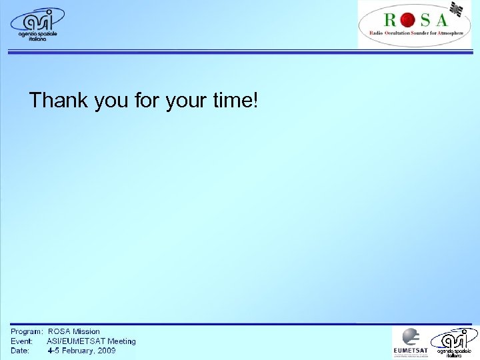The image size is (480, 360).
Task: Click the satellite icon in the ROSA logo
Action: click(x=455, y=9)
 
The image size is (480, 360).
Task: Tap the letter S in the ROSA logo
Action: click(x=425, y=19)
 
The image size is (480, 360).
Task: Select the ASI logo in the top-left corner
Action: click(x=37, y=24)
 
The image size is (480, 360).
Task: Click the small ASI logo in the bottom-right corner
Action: click(x=454, y=343)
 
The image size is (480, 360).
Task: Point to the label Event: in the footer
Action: click(x=21, y=341)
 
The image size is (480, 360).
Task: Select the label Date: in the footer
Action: click(x=20, y=350)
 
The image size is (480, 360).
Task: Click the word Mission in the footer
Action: click(x=86, y=331)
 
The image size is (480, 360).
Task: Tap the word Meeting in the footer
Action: click(x=121, y=341)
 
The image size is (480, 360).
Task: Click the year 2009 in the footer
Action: click(x=105, y=350)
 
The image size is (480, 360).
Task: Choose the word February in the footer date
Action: click(x=77, y=350)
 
